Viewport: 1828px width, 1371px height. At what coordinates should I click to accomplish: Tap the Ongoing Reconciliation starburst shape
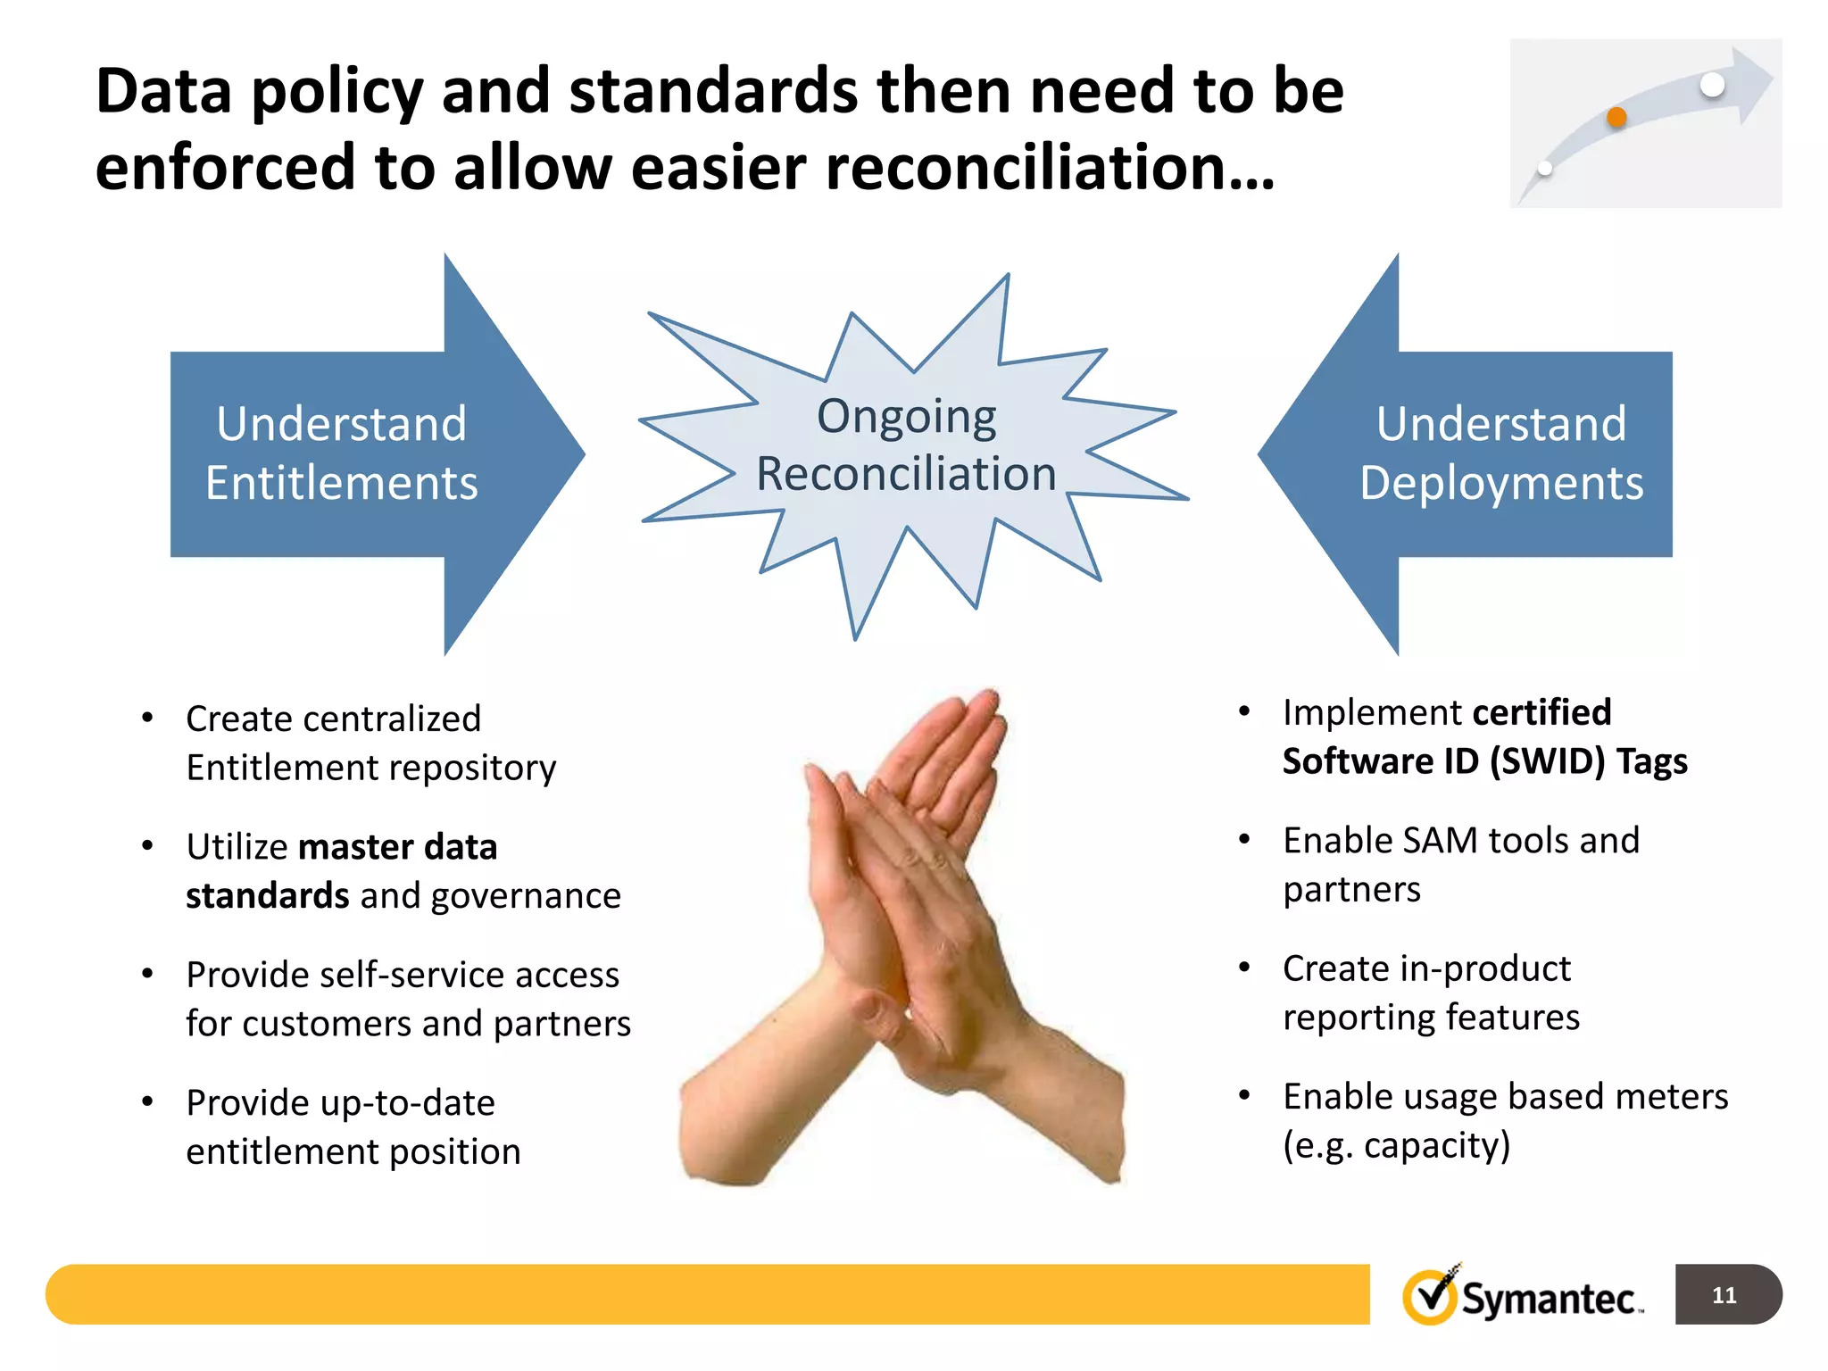click(x=906, y=446)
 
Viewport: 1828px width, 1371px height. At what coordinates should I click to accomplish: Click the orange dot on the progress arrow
click(x=1616, y=117)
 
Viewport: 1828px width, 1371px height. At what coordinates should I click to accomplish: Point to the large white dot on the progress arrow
click(x=1713, y=85)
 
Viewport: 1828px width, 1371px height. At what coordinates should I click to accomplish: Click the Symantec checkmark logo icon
click(x=1431, y=1296)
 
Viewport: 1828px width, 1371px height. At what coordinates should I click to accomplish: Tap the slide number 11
click(x=1724, y=1295)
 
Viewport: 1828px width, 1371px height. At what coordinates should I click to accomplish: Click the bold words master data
click(x=397, y=846)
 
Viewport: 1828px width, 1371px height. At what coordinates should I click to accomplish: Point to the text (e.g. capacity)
click(x=1396, y=1145)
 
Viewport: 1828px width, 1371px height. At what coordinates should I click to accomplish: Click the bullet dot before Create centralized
click(x=147, y=718)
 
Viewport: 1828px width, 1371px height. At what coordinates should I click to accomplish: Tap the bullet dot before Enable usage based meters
click(x=1244, y=1095)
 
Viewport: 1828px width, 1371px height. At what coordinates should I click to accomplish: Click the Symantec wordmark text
click(x=1549, y=1299)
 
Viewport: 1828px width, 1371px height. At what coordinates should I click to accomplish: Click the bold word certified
click(x=1541, y=712)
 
